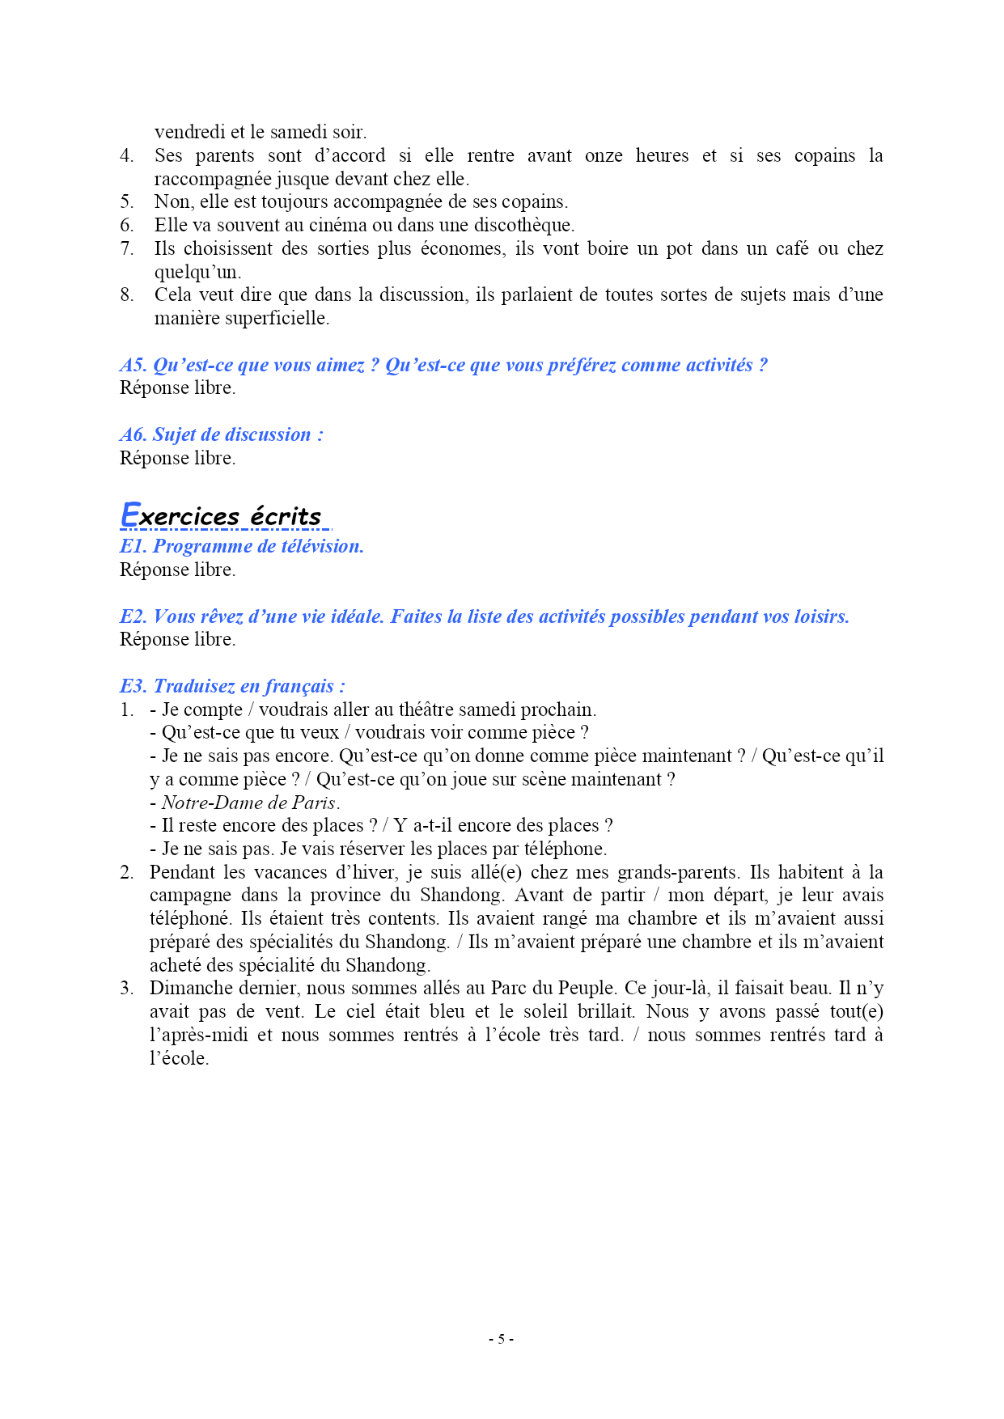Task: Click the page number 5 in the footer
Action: tap(501, 1339)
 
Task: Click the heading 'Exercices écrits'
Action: tap(221, 516)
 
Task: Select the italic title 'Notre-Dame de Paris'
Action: tap(248, 803)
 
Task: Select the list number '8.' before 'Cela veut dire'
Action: tap(127, 294)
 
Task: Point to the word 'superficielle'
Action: tap(277, 318)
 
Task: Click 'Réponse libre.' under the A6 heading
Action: tap(177, 458)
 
